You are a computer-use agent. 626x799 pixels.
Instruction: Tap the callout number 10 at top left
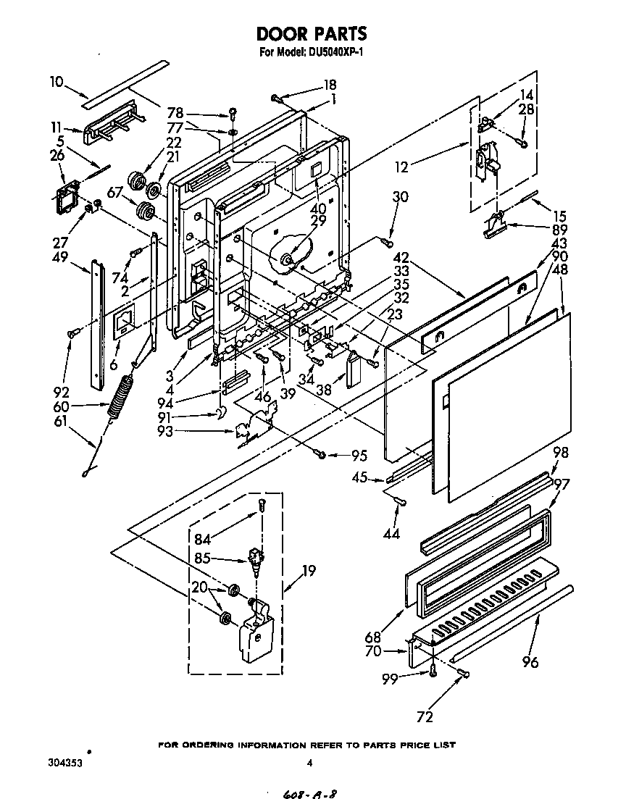point(57,82)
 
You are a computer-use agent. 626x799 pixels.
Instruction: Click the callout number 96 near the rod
point(530,661)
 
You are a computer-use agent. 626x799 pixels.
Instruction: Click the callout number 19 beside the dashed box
point(309,572)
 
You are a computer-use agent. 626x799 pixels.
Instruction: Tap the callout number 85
point(203,559)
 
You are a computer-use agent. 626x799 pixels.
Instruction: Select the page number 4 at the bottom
point(309,763)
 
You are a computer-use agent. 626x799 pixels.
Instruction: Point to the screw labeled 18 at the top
point(277,96)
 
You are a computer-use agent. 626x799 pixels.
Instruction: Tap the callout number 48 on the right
point(560,269)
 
